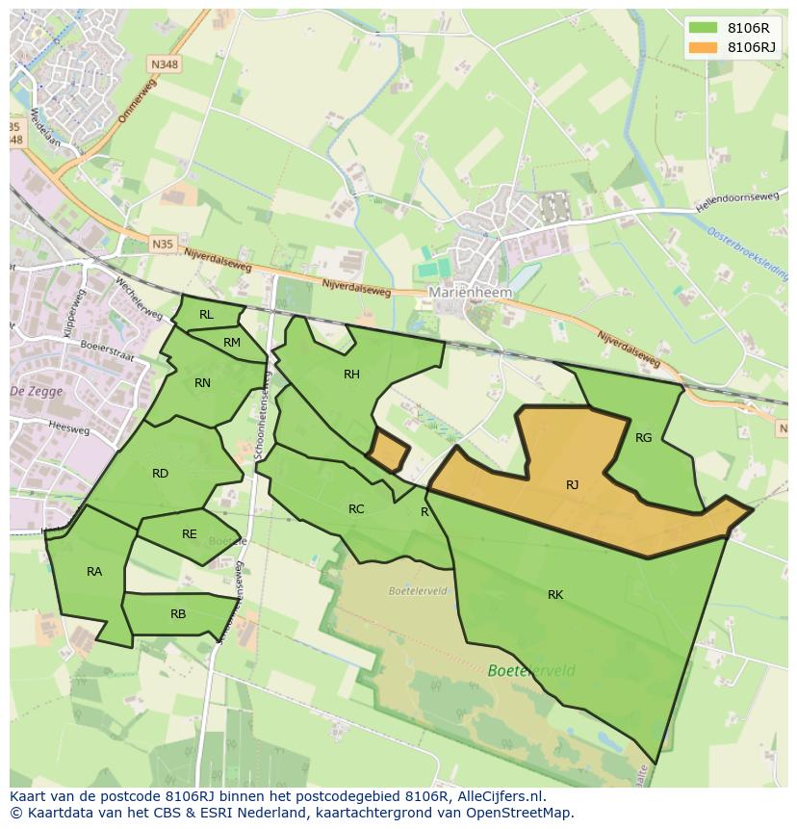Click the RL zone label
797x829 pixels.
click(x=206, y=315)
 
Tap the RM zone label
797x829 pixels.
click(x=232, y=343)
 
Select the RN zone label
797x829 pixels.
click(x=202, y=383)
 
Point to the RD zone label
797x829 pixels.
click(x=160, y=473)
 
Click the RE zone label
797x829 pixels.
click(x=190, y=534)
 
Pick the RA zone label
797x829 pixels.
click(x=94, y=572)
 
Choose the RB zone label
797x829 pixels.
click(x=178, y=614)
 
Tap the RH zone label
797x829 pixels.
click(x=351, y=375)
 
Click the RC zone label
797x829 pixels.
click(x=356, y=509)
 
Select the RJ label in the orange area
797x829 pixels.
click(x=573, y=485)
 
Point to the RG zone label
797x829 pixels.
click(x=644, y=438)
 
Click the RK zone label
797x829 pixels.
click(x=555, y=595)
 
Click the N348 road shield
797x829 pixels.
click(x=163, y=64)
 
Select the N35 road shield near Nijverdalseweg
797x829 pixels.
click(x=163, y=245)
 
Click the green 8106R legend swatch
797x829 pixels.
click(x=704, y=28)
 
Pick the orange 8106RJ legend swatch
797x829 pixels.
click(x=704, y=47)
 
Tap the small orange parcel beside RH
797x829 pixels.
click(x=389, y=452)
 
